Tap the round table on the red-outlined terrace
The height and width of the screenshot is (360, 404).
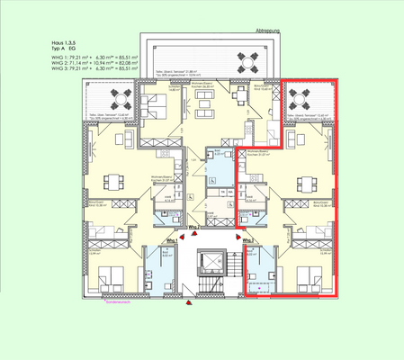click(303, 96)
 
